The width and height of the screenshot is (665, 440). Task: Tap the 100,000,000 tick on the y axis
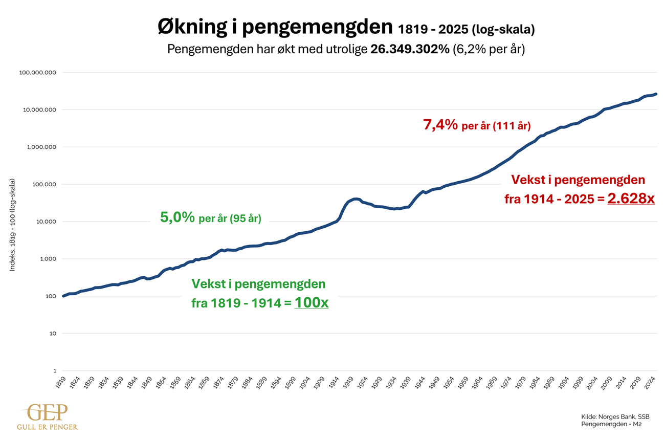pyautogui.click(x=37, y=72)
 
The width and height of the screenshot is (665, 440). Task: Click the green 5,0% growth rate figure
pyautogui.click(x=178, y=217)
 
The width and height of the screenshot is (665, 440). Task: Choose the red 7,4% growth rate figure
pyautogui.click(x=440, y=124)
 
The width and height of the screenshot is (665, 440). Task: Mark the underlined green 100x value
pyautogui.click(x=311, y=302)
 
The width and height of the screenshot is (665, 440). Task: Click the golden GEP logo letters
pyautogui.click(x=48, y=413)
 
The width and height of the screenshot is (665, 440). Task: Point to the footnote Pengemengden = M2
pyautogui.click(x=611, y=424)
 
